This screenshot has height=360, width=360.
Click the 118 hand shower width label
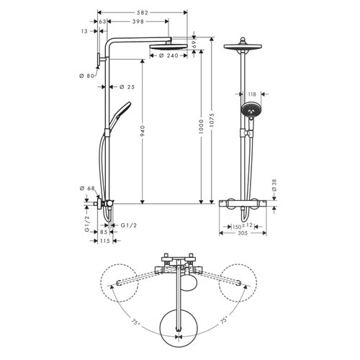(x=253, y=94)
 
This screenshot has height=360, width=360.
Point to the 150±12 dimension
(x=243, y=225)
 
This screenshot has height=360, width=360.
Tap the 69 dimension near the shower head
(x=194, y=44)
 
